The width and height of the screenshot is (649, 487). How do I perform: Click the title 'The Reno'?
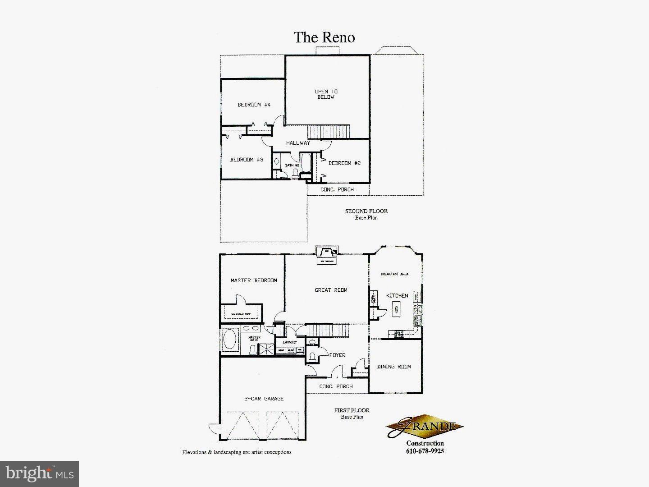click(324, 37)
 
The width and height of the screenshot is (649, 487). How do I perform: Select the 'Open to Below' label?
click(326, 94)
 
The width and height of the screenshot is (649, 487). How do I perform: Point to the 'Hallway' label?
click(298, 143)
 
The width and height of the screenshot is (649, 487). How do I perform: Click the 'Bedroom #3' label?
click(247, 160)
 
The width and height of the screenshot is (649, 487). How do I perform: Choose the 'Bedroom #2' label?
click(344, 163)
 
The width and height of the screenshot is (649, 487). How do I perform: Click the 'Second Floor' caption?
click(366, 211)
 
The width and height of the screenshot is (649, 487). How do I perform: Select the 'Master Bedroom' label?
click(254, 280)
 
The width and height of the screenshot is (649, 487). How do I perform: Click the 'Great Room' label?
click(331, 290)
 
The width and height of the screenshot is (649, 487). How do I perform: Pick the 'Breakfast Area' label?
click(394, 274)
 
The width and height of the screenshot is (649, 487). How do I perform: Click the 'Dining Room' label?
click(394, 367)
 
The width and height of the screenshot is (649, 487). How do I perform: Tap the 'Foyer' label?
click(337, 355)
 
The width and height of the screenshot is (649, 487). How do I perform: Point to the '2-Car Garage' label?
click(264, 399)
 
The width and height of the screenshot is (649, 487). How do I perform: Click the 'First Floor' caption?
click(352, 410)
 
